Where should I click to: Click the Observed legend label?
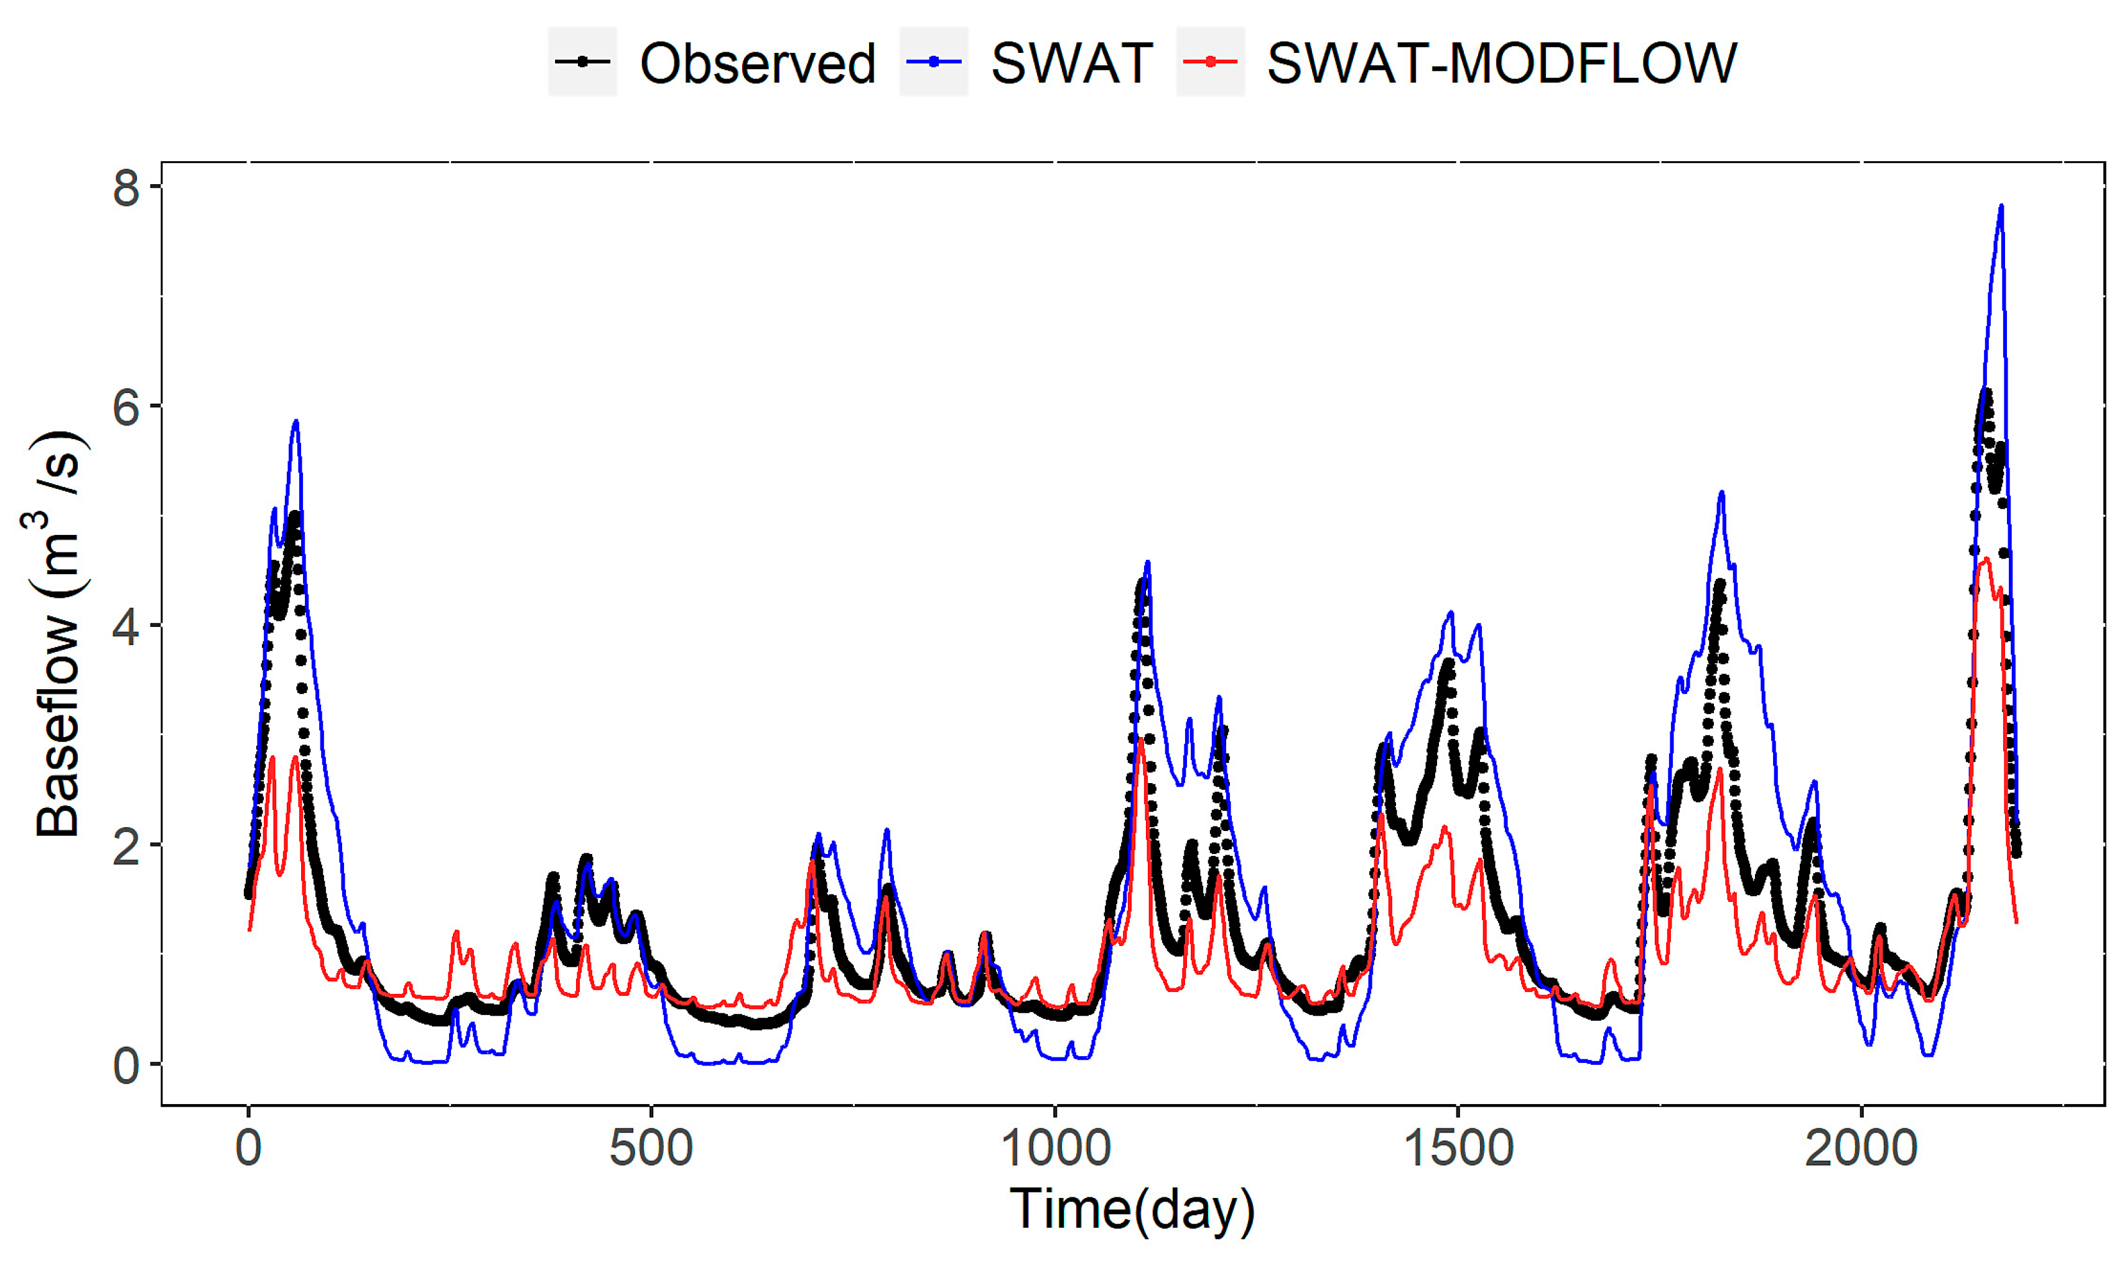[x=757, y=63]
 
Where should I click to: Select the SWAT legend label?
[x=1072, y=63]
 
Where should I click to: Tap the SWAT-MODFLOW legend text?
[x=1501, y=63]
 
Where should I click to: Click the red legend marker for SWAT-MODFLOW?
[x=1210, y=62]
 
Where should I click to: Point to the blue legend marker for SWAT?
[x=933, y=62]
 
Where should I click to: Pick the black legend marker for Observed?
[x=582, y=62]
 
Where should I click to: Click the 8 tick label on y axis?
[x=126, y=187]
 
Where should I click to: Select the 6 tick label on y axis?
[x=126, y=407]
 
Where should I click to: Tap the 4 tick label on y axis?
[x=126, y=627]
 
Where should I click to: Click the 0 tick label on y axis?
[x=126, y=1066]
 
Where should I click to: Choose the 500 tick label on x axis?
[x=651, y=1148]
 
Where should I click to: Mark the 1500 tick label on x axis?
[x=1458, y=1148]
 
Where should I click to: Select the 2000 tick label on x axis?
[x=1861, y=1148]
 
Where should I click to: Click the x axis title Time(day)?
[x=1132, y=1210]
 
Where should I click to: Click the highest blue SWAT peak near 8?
[x=2001, y=206]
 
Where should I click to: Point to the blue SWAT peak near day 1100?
[x=1147, y=562]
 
